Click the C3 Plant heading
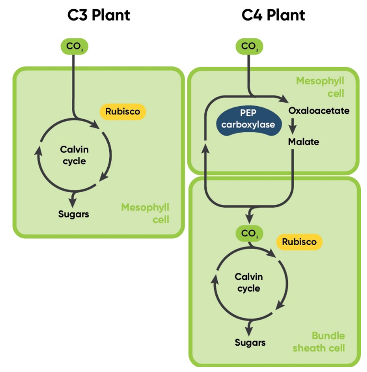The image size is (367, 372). tap(99, 15)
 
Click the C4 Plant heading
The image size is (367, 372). tap(273, 15)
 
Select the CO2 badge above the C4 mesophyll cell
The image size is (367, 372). tap(249, 46)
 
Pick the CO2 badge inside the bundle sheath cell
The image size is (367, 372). tap(249, 233)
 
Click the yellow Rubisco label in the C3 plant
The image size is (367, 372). tap(123, 111)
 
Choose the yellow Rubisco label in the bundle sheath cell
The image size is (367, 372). tap(299, 242)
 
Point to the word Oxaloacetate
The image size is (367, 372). tap(319, 110)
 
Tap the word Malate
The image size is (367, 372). tap(303, 142)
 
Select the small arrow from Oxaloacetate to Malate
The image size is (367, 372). tap(293, 127)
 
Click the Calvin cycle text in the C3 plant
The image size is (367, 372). tap(74, 155)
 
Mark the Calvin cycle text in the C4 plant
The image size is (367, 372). tap(249, 282)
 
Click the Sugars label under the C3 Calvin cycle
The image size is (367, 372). tap(73, 214)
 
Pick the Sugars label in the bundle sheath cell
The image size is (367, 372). tap(250, 343)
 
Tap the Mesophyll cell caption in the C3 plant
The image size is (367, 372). tap(145, 214)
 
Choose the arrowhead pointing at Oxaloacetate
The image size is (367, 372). tap(284, 99)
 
